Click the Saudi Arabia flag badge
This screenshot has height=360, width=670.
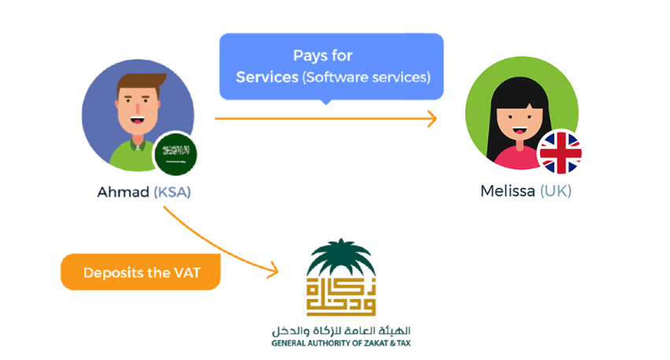click(175, 153)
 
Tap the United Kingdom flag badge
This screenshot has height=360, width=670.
click(560, 152)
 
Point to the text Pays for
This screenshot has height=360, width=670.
click(323, 56)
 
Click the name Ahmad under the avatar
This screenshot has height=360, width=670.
click(123, 192)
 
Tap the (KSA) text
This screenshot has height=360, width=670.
click(172, 192)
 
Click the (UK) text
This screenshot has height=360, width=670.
click(556, 191)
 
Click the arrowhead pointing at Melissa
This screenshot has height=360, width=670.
click(431, 119)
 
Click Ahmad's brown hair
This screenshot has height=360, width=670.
click(142, 80)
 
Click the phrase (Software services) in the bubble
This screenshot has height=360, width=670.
click(366, 77)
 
